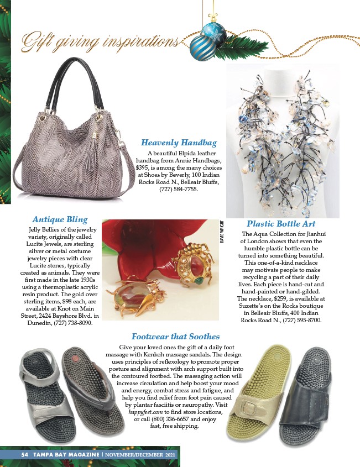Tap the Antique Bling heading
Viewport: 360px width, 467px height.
click(60, 219)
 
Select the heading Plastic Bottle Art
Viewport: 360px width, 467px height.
click(281, 224)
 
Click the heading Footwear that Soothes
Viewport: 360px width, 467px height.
click(175, 336)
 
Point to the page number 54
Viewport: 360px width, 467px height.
click(24, 454)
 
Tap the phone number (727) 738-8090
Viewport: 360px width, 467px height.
click(72, 323)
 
